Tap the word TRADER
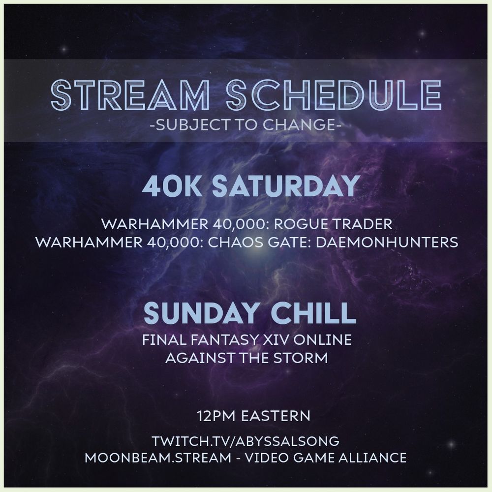pyautogui.click(x=364, y=225)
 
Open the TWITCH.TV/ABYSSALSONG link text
pyautogui.click(x=246, y=440)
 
